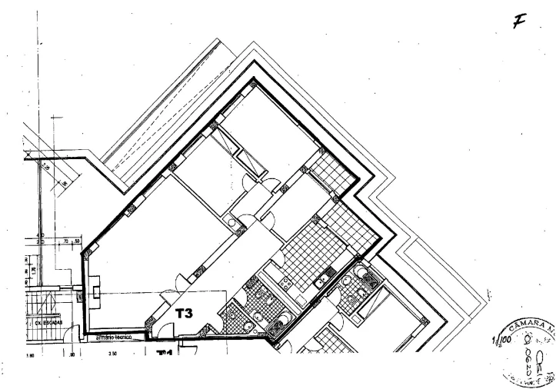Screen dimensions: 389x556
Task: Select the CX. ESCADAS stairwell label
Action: [48, 323]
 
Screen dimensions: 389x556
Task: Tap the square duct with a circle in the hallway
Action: [231, 222]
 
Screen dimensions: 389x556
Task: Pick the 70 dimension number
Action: [68, 241]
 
